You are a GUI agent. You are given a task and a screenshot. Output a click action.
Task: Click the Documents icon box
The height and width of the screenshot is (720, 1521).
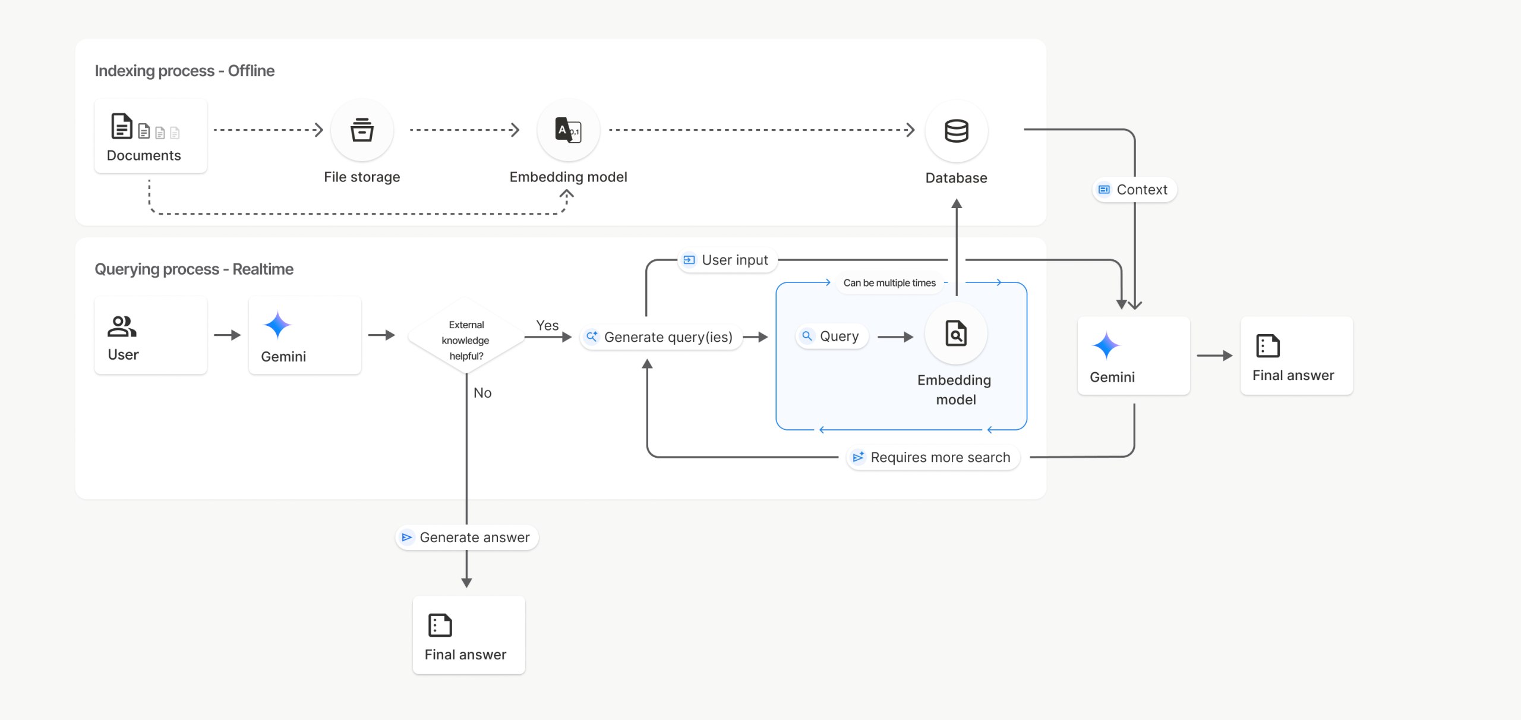[150, 136]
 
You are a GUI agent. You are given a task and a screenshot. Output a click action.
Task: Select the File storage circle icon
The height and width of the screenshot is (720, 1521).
[362, 130]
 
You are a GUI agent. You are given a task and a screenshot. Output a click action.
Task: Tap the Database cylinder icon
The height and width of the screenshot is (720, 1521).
[956, 131]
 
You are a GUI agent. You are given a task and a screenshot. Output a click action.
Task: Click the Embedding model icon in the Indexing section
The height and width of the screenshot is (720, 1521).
[568, 130]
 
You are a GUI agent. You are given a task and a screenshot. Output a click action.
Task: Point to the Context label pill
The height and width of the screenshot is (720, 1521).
[1134, 190]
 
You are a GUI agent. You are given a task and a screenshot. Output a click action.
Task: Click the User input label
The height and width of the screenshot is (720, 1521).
[727, 260]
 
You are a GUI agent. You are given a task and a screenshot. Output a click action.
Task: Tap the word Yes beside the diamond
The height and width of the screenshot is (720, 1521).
[547, 325]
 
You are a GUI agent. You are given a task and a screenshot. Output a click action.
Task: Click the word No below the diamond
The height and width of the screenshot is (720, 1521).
[482, 392]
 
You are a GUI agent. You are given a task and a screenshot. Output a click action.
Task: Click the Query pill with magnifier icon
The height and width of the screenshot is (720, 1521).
[831, 337]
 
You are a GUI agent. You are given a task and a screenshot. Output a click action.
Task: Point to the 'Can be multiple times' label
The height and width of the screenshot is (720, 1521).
[889, 283]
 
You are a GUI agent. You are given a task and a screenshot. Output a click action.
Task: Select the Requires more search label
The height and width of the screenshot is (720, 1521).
[932, 457]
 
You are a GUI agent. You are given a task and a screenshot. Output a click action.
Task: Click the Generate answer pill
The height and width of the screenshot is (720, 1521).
[466, 537]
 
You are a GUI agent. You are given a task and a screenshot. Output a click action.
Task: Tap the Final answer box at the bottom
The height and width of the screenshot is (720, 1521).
[469, 635]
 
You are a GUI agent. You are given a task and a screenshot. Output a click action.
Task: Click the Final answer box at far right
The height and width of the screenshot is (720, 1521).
[1296, 356]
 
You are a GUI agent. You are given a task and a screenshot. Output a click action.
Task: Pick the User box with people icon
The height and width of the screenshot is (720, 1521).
[150, 335]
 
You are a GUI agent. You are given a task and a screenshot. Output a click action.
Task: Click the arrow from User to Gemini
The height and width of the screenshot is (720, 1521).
[227, 335]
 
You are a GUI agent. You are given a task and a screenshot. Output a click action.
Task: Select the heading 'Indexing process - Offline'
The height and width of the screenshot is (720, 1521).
[184, 71]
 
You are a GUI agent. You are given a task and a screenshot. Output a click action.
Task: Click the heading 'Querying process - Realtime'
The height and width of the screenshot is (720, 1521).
[194, 269]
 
